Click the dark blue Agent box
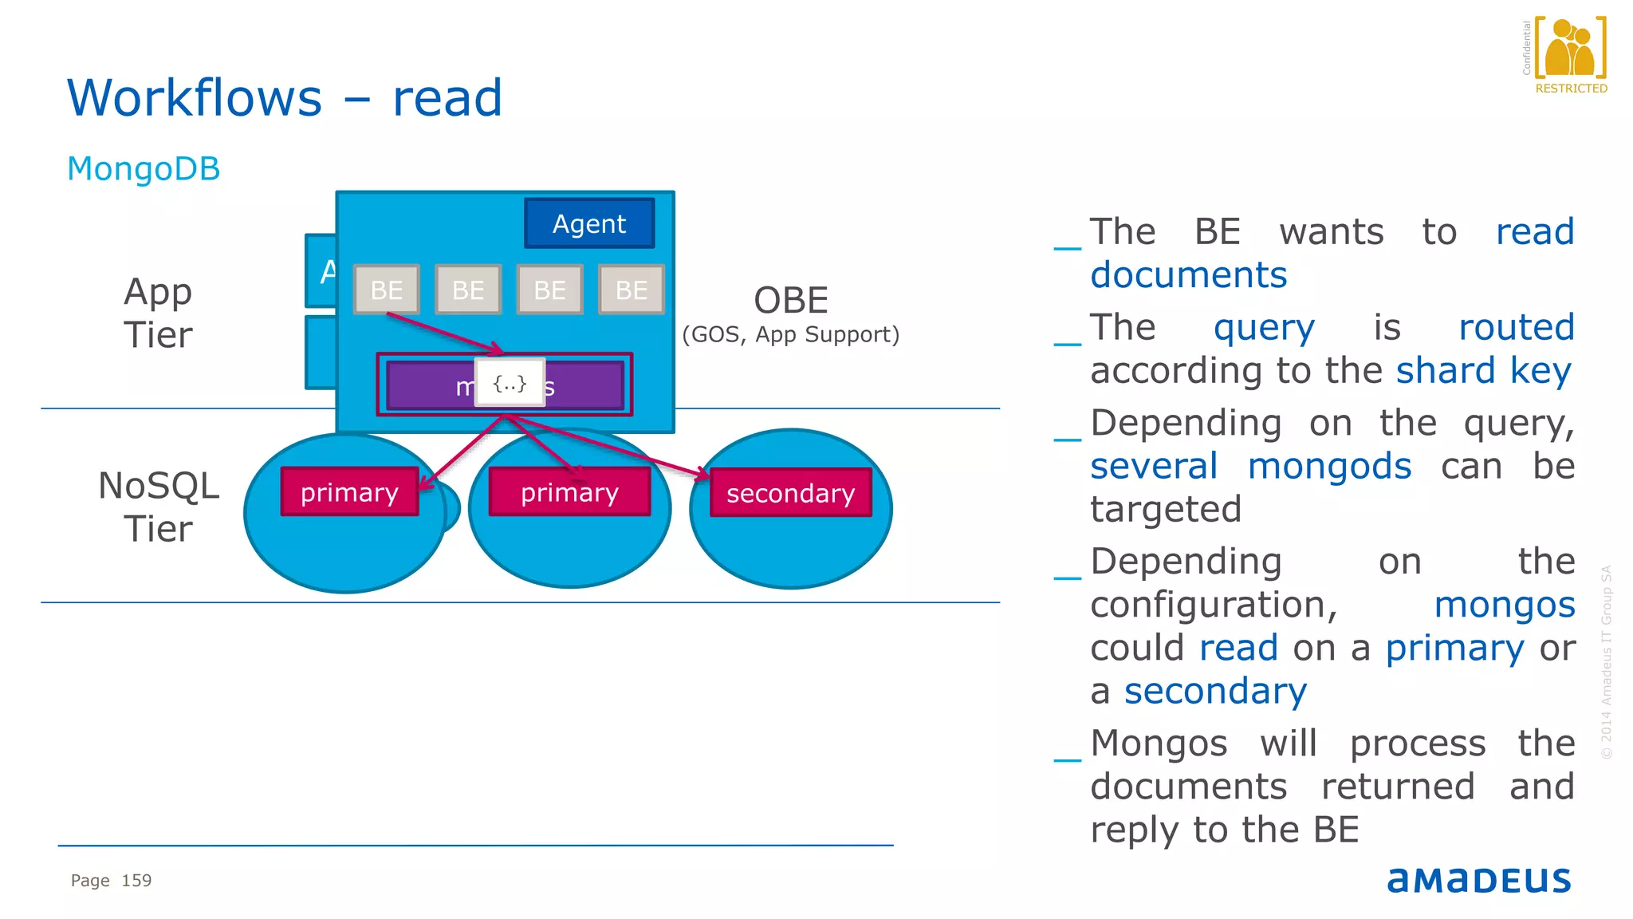pyautogui.click(x=589, y=223)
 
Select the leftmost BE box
pyautogui.click(x=387, y=290)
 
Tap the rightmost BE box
pyautogui.click(x=632, y=290)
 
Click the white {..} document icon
pyautogui.click(x=510, y=383)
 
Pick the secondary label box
pyautogui.click(x=790, y=493)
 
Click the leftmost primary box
pyautogui.click(x=349, y=492)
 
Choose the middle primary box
pyautogui.click(x=569, y=492)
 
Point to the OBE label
pyautogui.click(x=791, y=301)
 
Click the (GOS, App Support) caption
pyautogui.click(x=790, y=334)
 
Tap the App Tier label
pyautogui.click(x=158, y=313)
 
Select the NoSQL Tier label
pyautogui.click(x=158, y=507)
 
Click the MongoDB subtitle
pyautogui.click(x=144, y=169)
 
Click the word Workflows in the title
pyautogui.click(x=195, y=98)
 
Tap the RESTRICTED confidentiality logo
pyautogui.click(x=1570, y=56)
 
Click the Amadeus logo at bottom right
pyautogui.click(x=1478, y=879)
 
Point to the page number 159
pyautogui.click(x=136, y=881)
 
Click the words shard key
pyautogui.click(x=1483, y=371)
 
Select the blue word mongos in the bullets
pyautogui.click(x=1504, y=605)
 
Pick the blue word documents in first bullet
pyautogui.click(x=1188, y=275)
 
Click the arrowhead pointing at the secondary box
pyautogui.click(x=702, y=475)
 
